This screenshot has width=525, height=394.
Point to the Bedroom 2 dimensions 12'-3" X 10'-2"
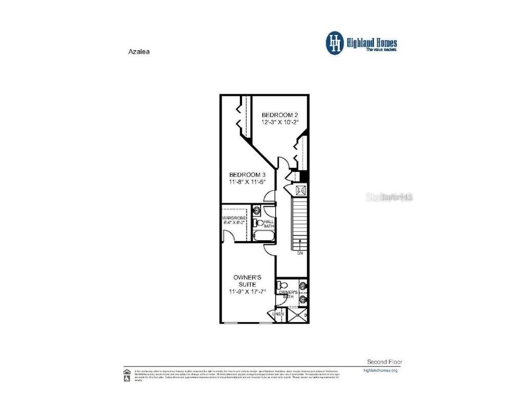coord(279,123)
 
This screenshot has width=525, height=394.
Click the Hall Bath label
coord(269,224)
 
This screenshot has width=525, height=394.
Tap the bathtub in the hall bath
coord(264,236)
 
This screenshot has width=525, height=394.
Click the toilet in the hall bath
coord(259,223)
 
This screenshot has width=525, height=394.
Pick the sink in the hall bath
coord(257,210)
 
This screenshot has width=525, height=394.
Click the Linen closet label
coord(277,314)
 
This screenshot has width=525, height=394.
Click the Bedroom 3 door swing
coord(270,196)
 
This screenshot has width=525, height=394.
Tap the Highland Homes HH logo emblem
coord(335,43)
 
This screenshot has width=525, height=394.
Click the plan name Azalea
coord(138,51)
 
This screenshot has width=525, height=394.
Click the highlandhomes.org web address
coord(380,370)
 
